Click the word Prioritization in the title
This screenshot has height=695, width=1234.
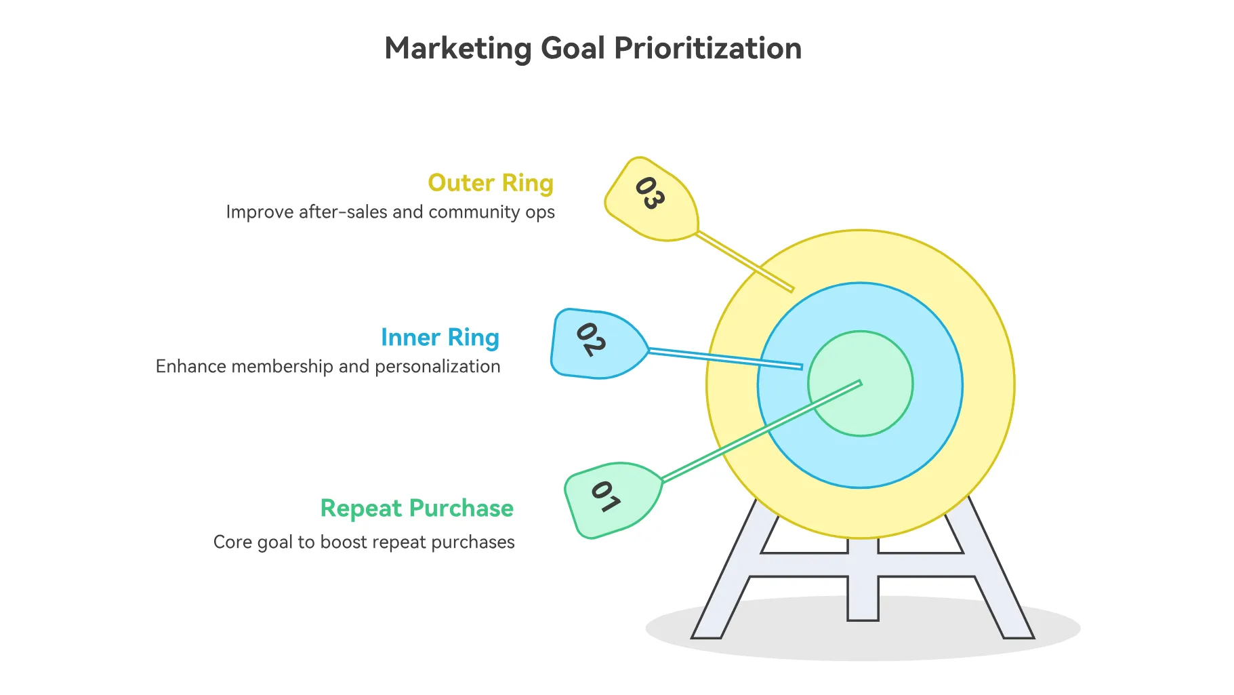707,48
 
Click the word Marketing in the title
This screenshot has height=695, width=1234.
459,49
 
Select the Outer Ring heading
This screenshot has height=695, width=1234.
491,183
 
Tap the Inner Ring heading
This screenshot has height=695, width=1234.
440,338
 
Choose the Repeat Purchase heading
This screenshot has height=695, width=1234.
417,509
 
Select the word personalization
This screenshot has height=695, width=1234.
438,367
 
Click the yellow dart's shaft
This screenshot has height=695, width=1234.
745,262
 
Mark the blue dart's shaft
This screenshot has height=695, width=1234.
725,359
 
